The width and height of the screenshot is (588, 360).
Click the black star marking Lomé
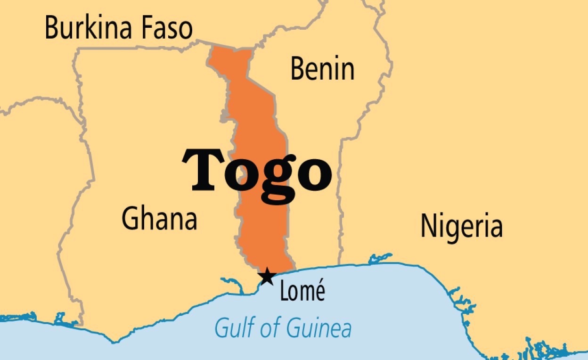267,276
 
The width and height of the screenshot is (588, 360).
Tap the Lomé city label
302,292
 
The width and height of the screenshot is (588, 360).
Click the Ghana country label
159,219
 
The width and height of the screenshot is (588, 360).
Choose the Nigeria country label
461,226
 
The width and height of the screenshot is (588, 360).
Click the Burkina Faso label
119,28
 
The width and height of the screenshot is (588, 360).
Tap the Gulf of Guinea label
283,328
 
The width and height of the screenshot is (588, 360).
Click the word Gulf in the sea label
232,327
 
